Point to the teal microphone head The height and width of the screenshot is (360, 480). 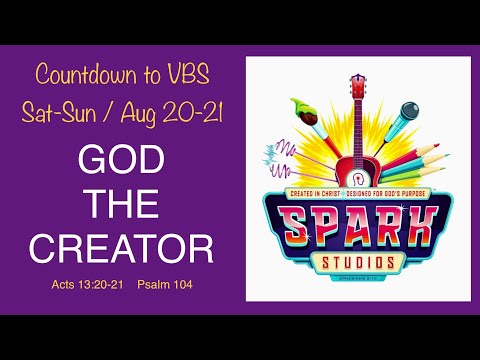[408, 110]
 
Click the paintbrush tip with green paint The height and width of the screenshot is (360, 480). [297, 103]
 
